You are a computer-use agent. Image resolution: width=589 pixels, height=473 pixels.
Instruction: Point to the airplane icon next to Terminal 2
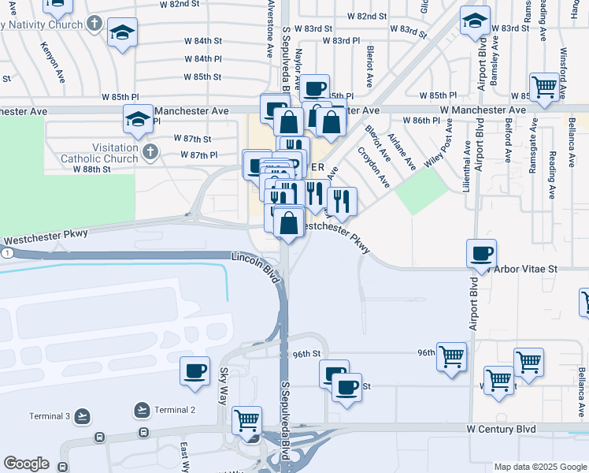pos(142,410)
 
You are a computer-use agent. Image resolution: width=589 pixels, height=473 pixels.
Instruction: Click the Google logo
pos(26,464)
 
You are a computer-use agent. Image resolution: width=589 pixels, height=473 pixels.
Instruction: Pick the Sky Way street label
pos(224,385)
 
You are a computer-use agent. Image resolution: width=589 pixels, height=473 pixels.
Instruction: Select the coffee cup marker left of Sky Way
pos(194,371)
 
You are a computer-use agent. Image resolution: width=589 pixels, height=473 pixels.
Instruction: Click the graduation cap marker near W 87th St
pos(138,121)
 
